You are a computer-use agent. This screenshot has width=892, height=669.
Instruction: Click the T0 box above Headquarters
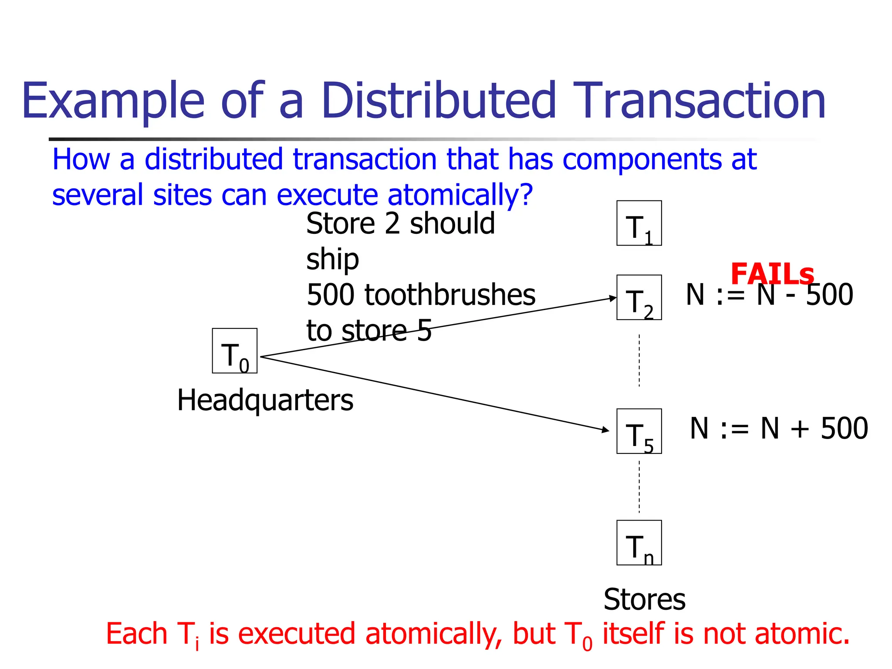point(234,351)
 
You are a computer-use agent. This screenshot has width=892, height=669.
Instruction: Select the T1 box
point(639,223)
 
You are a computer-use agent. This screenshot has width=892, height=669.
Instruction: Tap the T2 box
point(639,297)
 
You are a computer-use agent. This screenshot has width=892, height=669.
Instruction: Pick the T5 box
point(639,431)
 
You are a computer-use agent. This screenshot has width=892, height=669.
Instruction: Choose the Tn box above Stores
point(639,543)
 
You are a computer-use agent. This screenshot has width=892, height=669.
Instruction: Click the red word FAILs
point(772,274)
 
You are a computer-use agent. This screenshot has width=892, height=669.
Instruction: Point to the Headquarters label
point(265,400)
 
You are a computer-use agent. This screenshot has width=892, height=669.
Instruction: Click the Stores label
point(644,599)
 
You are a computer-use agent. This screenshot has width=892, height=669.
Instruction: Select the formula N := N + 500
point(779,429)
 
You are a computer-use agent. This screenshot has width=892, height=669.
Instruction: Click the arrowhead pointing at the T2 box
point(613,298)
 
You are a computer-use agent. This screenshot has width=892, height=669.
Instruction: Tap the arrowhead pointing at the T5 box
point(605,430)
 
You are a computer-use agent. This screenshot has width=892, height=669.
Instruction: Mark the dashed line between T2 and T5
point(639,361)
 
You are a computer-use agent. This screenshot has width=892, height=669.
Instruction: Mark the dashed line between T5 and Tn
point(639,487)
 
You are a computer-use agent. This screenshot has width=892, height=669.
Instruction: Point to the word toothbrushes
point(450,295)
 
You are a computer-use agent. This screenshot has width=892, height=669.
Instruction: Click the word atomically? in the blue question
point(460,195)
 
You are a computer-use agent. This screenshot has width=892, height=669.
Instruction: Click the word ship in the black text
point(332,260)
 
